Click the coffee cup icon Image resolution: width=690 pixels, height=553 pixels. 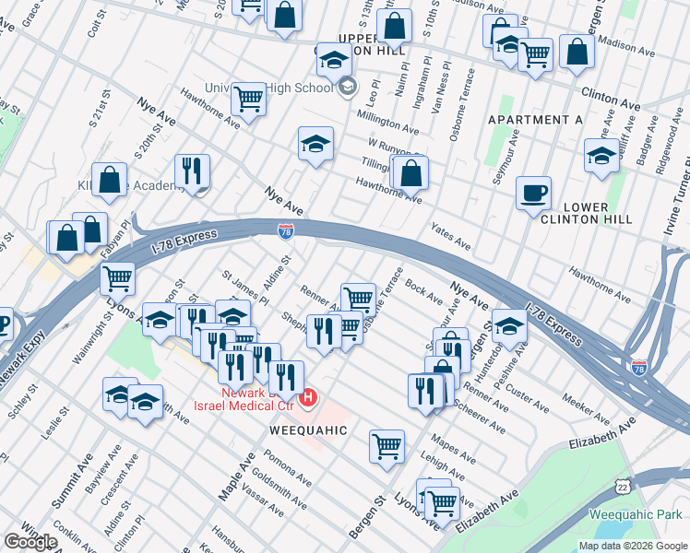533,194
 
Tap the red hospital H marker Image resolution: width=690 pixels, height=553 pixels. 310,398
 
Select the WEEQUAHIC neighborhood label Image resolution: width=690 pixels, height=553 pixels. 308,430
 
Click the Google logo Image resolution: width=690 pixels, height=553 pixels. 30,541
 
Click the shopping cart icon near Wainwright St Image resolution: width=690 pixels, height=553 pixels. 117,277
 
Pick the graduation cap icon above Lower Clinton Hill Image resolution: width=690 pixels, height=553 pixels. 601,155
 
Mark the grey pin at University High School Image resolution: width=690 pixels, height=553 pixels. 348,88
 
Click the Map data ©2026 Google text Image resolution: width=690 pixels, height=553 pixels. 633,546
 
